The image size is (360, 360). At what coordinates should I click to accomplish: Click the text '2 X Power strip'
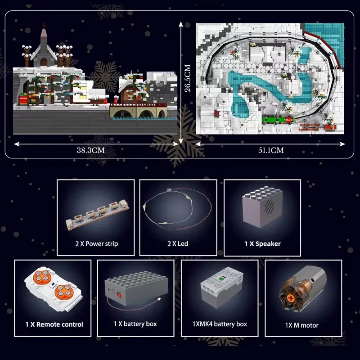(x=97, y=243)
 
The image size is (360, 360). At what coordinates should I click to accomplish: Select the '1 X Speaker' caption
(x=262, y=243)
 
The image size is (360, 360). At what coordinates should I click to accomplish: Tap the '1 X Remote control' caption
(x=54, y=324)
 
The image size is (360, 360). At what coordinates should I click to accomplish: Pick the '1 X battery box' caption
(x=135, y=324)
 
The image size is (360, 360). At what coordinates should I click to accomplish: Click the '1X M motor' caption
(x=302, y=325)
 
